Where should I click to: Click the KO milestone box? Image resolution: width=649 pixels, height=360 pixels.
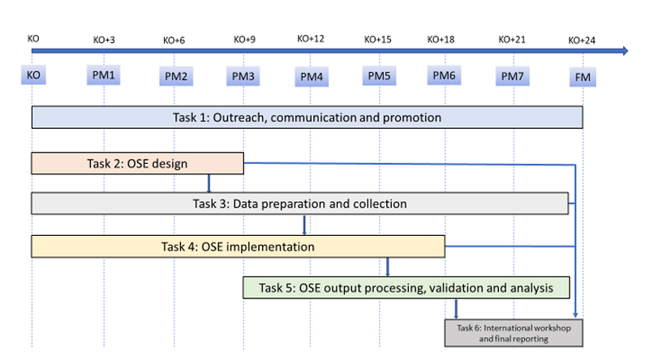coord(33,75)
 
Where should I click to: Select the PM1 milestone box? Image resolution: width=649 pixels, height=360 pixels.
coord(104,75)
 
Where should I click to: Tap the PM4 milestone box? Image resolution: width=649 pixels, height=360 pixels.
coord(312,76)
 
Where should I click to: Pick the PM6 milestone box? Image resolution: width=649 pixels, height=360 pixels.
coord(444,75)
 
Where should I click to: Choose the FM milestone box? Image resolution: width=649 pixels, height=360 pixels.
coord(582,77)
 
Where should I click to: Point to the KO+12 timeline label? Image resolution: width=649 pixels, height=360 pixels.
coord(311,39)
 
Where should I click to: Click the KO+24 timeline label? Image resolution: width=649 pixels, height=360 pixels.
coord(582,41)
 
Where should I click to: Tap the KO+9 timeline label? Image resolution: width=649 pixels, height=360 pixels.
coord(245,40)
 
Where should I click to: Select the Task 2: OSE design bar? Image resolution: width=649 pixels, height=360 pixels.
coord(137,164)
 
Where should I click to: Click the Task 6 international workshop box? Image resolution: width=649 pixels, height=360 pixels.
coord(514,333)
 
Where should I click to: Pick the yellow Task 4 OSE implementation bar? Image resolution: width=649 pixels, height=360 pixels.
coord(238,246)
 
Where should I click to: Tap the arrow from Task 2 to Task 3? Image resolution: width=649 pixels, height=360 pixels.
coord(208,183)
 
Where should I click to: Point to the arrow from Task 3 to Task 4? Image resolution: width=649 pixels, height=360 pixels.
coord(304,225)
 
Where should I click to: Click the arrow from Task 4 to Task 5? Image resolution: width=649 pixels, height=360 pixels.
coord(388,268)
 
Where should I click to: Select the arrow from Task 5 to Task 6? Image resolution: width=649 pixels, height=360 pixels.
coord(456,309)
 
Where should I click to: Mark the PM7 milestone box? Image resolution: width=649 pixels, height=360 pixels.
coord(513,76)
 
